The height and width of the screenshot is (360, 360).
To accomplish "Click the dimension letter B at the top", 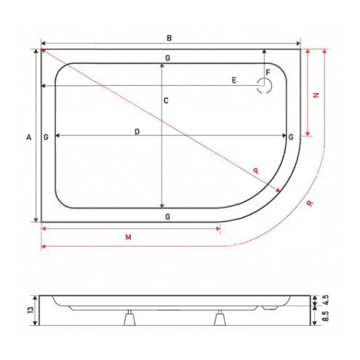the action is (169, 38).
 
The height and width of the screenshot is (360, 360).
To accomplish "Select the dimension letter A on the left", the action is (29, 137).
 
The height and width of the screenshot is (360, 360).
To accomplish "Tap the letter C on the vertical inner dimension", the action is (166, 100).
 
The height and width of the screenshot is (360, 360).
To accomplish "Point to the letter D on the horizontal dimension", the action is (137, 132).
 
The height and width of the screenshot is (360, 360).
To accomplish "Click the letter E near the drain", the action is (233, 80).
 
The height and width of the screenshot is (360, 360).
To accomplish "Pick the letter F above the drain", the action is (268, 72).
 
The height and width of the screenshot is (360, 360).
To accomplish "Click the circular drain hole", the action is (265, 86).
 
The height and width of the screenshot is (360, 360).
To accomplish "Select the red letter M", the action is (128, 237).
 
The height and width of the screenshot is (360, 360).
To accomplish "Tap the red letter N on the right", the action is (316, 95).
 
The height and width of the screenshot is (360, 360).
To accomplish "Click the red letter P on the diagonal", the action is (256, 171).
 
